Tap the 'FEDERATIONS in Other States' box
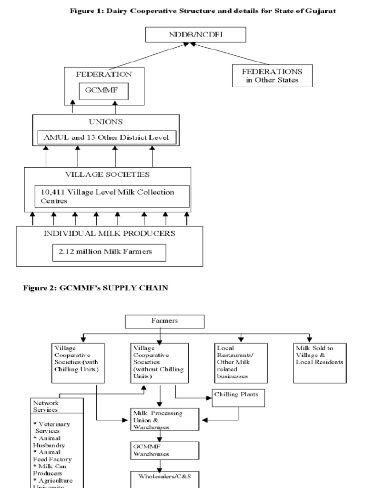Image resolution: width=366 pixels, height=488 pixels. [x=272, y=75]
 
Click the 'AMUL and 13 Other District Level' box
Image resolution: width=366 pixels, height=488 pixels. [x=107, y=138]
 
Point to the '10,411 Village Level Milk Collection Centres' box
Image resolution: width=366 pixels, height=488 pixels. [x=112, y=196]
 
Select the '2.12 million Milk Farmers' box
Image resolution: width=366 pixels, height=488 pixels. [x=109, y=252]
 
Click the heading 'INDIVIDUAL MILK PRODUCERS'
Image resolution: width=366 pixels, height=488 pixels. [x=109, y=234]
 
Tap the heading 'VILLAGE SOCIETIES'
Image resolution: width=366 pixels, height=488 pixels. [x=107, y=175]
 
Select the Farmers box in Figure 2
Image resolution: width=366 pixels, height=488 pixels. [x=164, y=321]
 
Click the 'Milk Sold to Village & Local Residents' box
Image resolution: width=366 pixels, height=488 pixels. [x=319, y=362]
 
